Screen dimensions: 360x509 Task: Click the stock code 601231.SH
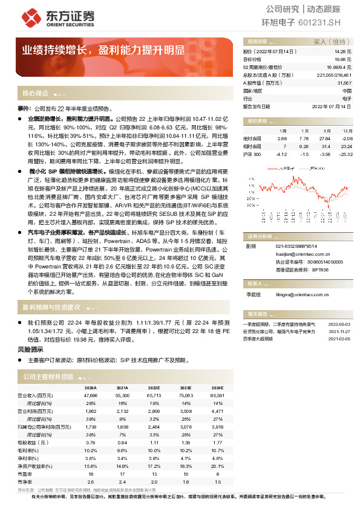click(325, 22)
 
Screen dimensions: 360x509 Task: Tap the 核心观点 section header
click(36, 94)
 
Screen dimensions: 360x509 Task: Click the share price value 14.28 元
click(342, 53)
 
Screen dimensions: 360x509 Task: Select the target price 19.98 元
click(342, 60)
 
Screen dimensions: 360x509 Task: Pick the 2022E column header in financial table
click(154, 387)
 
